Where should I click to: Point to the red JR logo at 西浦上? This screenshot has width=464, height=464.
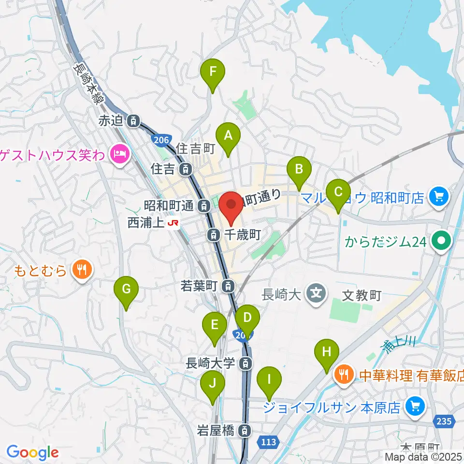pyautogui.click(x=173, y=223)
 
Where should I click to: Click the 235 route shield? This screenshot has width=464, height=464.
pyautogui.click(x=445, y=422)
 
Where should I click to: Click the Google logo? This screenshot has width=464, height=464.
pyautogui.click(x=32, y=452)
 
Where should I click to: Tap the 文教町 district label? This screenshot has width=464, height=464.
pyautogui.click(x=362, y=294)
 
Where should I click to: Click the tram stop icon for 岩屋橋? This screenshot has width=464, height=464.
pyautogui.click(x=246, y=429)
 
